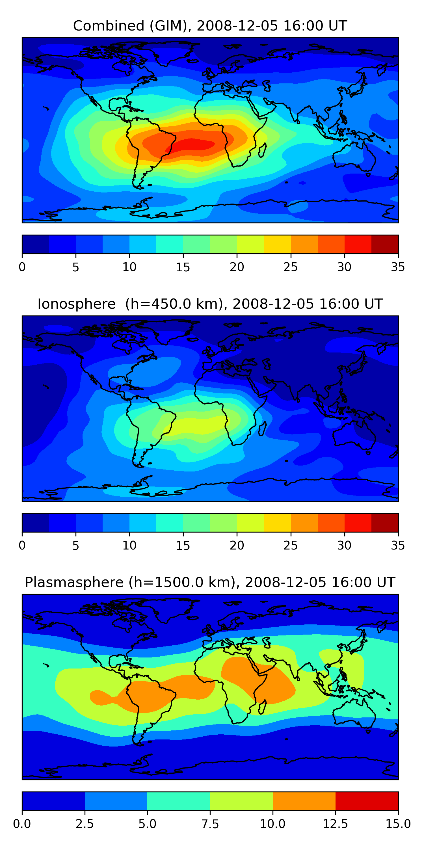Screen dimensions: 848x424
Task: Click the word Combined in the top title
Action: pyautogui.click(x=109, y=26)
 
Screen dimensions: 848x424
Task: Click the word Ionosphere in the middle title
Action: pyautogui.click(x=76, y=304)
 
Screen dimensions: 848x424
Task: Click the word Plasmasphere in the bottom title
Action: pyautogui.click(x=74, y=582)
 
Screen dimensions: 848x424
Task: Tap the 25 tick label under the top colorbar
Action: pyautogui.click(x=290, y=267)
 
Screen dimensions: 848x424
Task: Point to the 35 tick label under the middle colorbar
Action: pyautogui.click(x=398, y=546)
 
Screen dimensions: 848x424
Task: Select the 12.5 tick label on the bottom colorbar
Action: pyautogui.click(x=335, y=824)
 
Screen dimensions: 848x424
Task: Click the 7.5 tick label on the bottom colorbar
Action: pyautogui.click(x=210, y=824)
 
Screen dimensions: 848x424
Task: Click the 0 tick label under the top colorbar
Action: pyautogui.click(x=22, y=267)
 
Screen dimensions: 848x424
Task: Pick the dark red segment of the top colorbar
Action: pyautogui.click(x=384, y=244)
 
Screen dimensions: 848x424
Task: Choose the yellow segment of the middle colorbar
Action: pyautogui.click(x=277, y=522)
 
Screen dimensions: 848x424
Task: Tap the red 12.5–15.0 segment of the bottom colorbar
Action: pyautogui.click(x=367, y=801)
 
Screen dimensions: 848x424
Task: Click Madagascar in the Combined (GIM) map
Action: pyautogui.click(x=262, y=150)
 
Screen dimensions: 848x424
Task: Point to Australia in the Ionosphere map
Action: pyautogui.click(x=354, y=434)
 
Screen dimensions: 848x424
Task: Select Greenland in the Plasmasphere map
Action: pyautogui.click(x=174, y=609)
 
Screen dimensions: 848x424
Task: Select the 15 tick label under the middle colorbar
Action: pyautogui.click(x=183, y=546)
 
